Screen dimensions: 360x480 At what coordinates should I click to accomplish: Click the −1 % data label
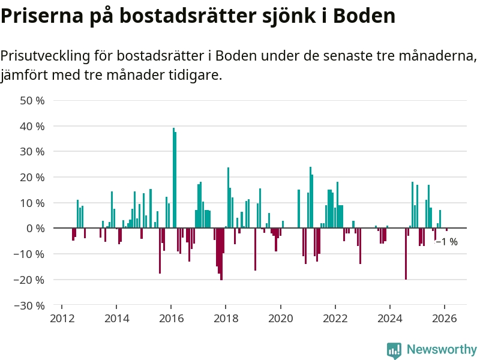(x=446, y=242)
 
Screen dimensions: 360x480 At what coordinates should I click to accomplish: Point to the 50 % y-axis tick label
(x=32, y=101)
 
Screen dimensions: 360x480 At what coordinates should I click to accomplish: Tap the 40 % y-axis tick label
(x=32, y=127)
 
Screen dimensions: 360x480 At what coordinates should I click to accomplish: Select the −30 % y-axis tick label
(x=29, y=305)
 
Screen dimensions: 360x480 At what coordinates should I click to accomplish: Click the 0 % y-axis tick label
(x=35, y=229)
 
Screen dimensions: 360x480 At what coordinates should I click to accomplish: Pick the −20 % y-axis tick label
(x=29, y=280)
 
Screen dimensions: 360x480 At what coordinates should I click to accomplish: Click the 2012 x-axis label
(x=62, y=318)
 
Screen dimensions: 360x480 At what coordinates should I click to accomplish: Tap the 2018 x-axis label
(x=226, y=318)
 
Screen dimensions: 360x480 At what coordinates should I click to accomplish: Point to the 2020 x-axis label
(x=280, y=318)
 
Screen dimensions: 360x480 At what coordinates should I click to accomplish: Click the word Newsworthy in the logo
(x=442, y=349)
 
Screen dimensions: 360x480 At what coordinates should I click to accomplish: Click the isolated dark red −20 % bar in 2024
(x=406, y=254)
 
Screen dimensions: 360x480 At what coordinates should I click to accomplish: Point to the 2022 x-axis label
(x=335, y=318)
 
